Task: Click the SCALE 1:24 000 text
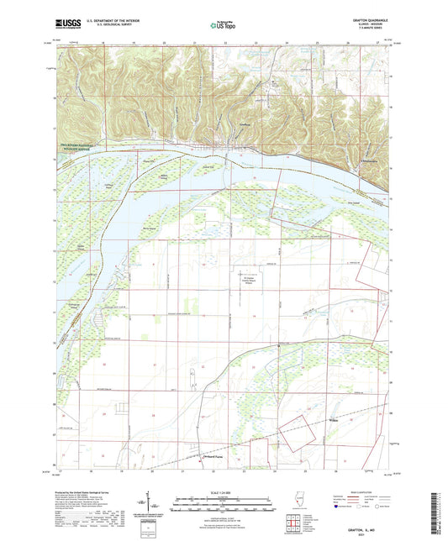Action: [224, 492]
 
